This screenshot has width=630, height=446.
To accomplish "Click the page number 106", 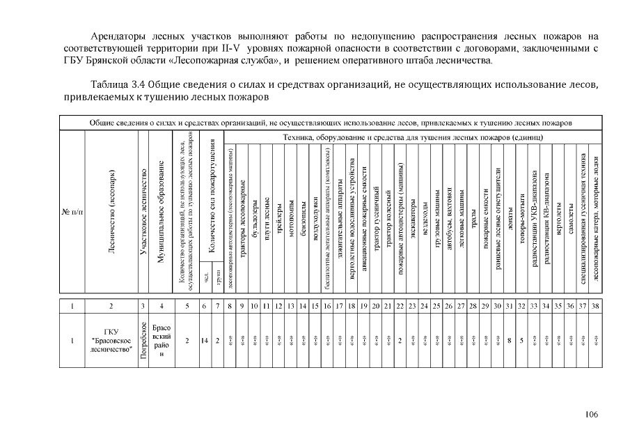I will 591,415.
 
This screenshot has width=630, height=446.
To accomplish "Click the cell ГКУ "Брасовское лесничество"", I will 111,341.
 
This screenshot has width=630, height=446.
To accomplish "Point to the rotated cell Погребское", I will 143,341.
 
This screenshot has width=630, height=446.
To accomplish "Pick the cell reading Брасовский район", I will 161,341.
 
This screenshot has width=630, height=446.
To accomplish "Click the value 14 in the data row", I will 205,341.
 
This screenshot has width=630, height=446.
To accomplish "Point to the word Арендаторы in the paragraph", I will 120,36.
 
